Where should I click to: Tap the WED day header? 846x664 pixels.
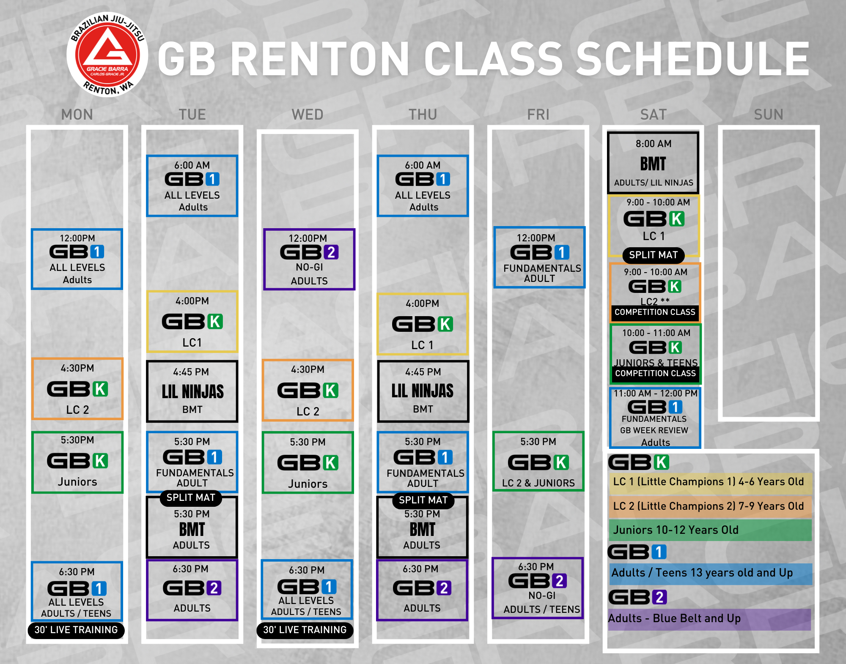[x=308, y=115]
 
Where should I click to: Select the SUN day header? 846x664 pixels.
[x=769, y=115]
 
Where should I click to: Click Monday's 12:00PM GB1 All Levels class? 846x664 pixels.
[x=77, y=259]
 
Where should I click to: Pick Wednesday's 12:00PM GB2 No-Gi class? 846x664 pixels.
[x=309, y=260]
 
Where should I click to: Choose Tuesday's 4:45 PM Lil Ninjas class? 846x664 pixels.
[x=192, y=391]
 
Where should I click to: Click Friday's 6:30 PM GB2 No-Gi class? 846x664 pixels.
[x=538, y=588]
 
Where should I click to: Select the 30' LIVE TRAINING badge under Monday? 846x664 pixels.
[x=76, y=630]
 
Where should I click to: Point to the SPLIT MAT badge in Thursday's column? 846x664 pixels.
[x=423, y=500]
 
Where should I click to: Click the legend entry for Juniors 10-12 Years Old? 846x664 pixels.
[x=710, y=530]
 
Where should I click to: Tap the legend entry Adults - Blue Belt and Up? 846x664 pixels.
[x=709, y=619]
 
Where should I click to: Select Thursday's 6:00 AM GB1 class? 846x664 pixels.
[x=423, y=186]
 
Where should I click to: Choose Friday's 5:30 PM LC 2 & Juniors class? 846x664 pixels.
[x=538, y=462]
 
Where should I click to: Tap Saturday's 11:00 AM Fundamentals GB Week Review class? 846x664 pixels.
[x=655, y=418]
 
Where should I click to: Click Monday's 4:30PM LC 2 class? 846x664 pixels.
[x=77, y=389]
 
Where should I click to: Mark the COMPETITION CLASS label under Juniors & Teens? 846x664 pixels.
[x=655, y=374]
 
